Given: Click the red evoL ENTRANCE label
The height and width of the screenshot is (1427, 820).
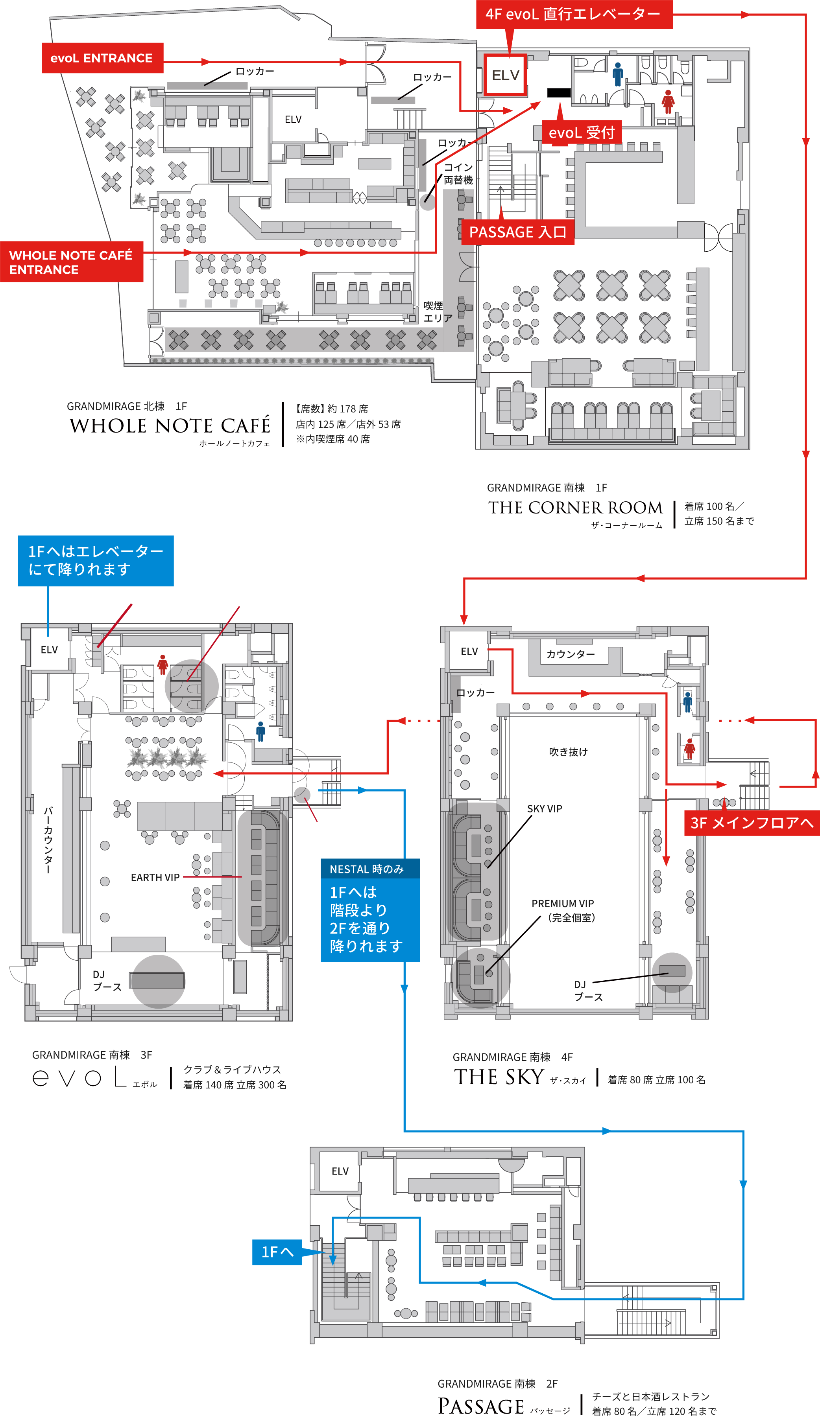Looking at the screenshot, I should (x=102, y=58).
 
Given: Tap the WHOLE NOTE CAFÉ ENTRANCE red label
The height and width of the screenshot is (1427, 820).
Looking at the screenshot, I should (x=71, y=262).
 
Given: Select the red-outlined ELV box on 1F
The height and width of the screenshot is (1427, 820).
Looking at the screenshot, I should (x=505, y=75).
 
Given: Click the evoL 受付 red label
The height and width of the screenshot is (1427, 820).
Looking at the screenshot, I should (x=581, y=133).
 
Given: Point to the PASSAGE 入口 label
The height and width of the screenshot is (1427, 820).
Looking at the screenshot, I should (x=517, y=232).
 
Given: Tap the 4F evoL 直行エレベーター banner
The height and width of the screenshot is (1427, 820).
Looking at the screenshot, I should (x=573, y=14).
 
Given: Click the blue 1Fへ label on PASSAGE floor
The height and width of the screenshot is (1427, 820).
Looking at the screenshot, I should (x=277, y=1252).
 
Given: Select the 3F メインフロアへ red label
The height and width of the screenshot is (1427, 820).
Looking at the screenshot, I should (x=751, y=823).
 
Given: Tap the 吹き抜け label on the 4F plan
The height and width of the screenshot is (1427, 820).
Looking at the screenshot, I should (x=568, y=752).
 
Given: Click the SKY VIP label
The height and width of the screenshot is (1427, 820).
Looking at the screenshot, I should (x=544, y=808).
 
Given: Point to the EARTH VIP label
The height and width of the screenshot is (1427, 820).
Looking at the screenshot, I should (x=155, y=877).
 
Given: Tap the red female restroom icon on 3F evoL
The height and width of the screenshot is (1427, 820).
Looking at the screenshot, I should (x=163, y=665).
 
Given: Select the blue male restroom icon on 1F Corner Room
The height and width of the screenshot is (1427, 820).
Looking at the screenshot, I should (x=618, y=74).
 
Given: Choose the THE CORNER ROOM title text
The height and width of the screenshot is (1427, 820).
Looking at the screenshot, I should (x=575, y=508).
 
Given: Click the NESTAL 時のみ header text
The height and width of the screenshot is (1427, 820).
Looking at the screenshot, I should (x=367, y=869).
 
